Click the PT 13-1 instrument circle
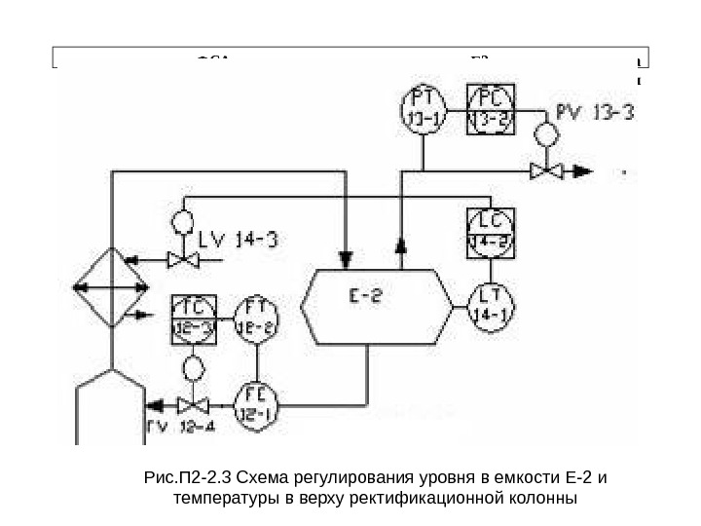(422, 107)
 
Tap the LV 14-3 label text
(238, 239)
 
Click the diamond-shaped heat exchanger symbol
(113, 289)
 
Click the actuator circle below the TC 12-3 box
(193, 368)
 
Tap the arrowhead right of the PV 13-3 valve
(582, 171)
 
